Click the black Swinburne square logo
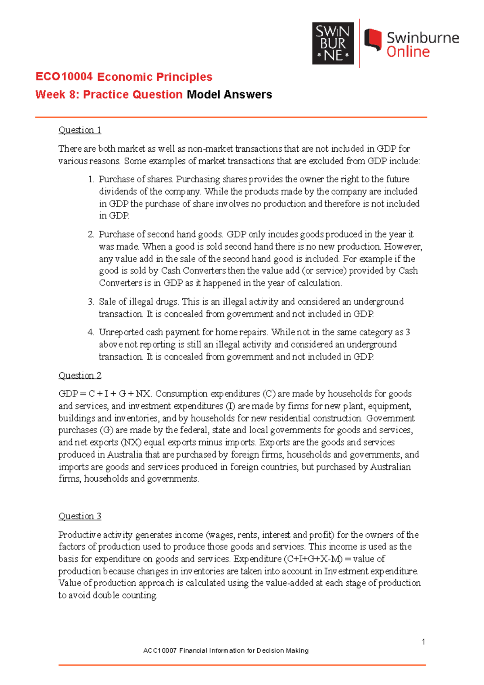click(x=333, y=43)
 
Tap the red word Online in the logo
click(x=408, y=52)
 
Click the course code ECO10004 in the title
click(x=64, y=77)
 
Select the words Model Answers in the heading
click(x=229, y=94)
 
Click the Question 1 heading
click(x=80, y=130)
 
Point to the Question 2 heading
click(x=80, y=375)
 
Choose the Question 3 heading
click(x=80, y=516)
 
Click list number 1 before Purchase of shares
click(x=91, y=179)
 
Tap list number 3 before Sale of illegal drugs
click(x=91, y=302)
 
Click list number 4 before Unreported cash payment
click(x=91, y=332)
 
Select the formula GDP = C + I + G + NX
click(x=104, y=394)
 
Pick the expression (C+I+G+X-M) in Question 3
click(x=313, y=559)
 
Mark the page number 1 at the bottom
click(x=423, y=642)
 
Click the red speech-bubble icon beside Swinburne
click(x=373, y=40)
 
